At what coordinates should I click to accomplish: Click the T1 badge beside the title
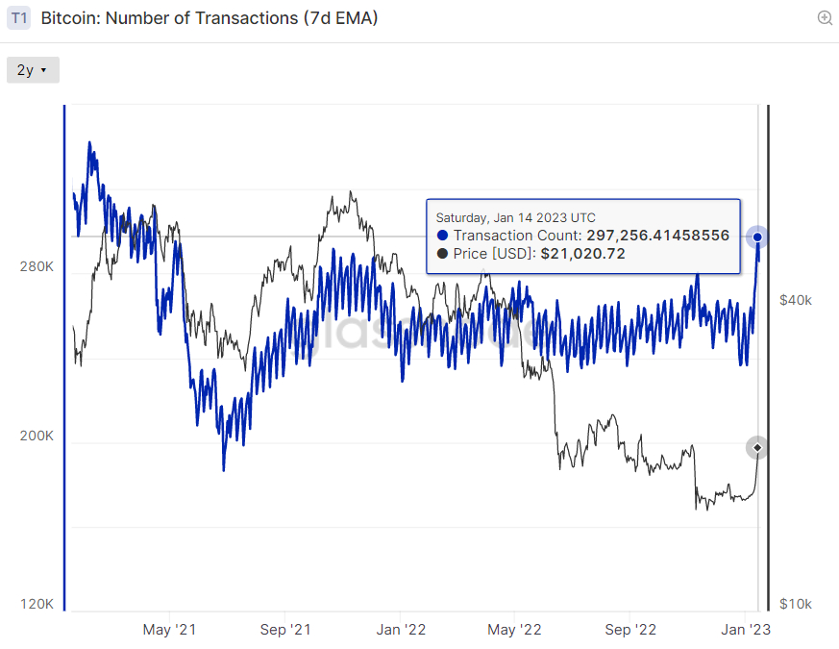pyautogui.click(x=19, y=18)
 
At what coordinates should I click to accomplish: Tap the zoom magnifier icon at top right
pyautogui.click(x=824, y=18)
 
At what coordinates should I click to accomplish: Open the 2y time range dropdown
pyautogui.click(x=33, y=70)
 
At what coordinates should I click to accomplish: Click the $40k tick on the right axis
pyautogui.click(x=795, y=300)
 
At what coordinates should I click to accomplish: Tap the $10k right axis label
pyautogui.click(x=795, y=604)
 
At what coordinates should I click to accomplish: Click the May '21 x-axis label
pyautogui.click(x=169, y=630)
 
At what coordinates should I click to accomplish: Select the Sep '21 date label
pyautogui.click(x=285, y=630)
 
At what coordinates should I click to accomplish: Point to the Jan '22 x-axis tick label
pyautogui.click(x=401, y=630)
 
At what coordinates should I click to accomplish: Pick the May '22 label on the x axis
pyautogui.click(x=516, y=630)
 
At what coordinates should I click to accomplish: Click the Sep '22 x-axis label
pyautogui.click(x=631, y=630)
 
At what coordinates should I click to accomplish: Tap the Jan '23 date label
pyautogui.click(x=746, y=630)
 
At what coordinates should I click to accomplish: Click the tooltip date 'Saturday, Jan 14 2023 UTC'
pyautogui.click(x=515, y=217)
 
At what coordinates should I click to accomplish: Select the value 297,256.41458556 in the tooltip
pyautogui.click(x=657, y=236)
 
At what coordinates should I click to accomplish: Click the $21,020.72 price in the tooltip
pyautogui.click(x=582, y=254)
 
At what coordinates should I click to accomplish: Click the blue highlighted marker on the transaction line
pyautogui.click(x=757, y=237)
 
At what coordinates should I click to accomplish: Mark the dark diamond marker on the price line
pyautogui.click(x=757, y=447)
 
